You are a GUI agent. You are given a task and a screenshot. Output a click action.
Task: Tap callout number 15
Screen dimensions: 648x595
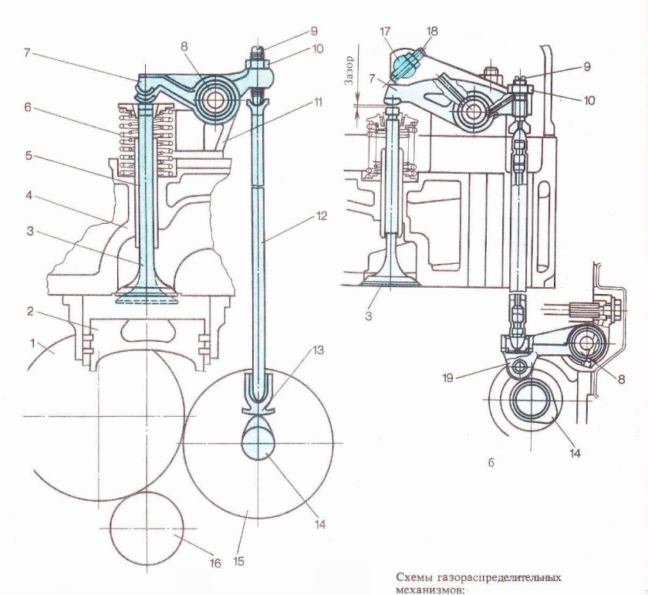[x=238, y=561]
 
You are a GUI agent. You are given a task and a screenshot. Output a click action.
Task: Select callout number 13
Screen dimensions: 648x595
[x=318, y=350]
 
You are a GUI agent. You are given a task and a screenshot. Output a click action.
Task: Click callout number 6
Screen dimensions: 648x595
[x=28, y=106]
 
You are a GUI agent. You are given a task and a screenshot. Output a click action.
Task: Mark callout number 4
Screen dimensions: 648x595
[x=29, y=195]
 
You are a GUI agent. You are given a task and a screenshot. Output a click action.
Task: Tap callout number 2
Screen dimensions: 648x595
[x=29, y=311]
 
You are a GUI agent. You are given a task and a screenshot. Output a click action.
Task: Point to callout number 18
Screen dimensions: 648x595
[x=432, y=32]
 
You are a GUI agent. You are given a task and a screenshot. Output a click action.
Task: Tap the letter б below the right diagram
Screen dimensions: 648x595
[x=491, y=463]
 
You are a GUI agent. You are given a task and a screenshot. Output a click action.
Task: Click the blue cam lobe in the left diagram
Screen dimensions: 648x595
[x=258, y=438]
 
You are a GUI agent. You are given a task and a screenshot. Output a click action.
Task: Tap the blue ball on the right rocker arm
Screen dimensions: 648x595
[x=406, y=66]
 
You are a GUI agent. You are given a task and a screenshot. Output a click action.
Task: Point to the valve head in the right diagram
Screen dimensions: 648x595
[x=391, y=280]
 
